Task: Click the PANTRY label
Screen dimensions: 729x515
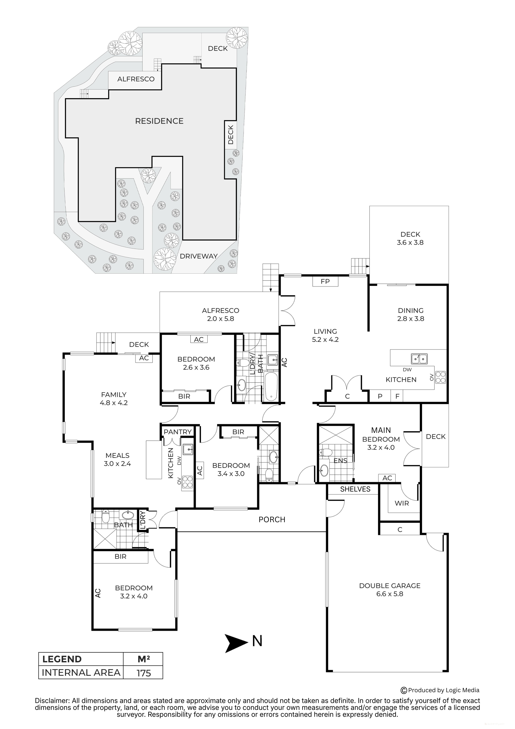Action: (178, 432)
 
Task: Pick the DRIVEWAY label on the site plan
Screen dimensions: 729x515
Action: (199, 256)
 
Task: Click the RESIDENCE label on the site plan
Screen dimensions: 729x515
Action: (159, 121)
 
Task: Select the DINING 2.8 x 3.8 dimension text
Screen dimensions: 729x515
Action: (411, 319)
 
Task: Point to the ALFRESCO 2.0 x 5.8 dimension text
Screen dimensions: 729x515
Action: (220, 319)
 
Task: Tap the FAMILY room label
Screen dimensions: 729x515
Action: (114, 395)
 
